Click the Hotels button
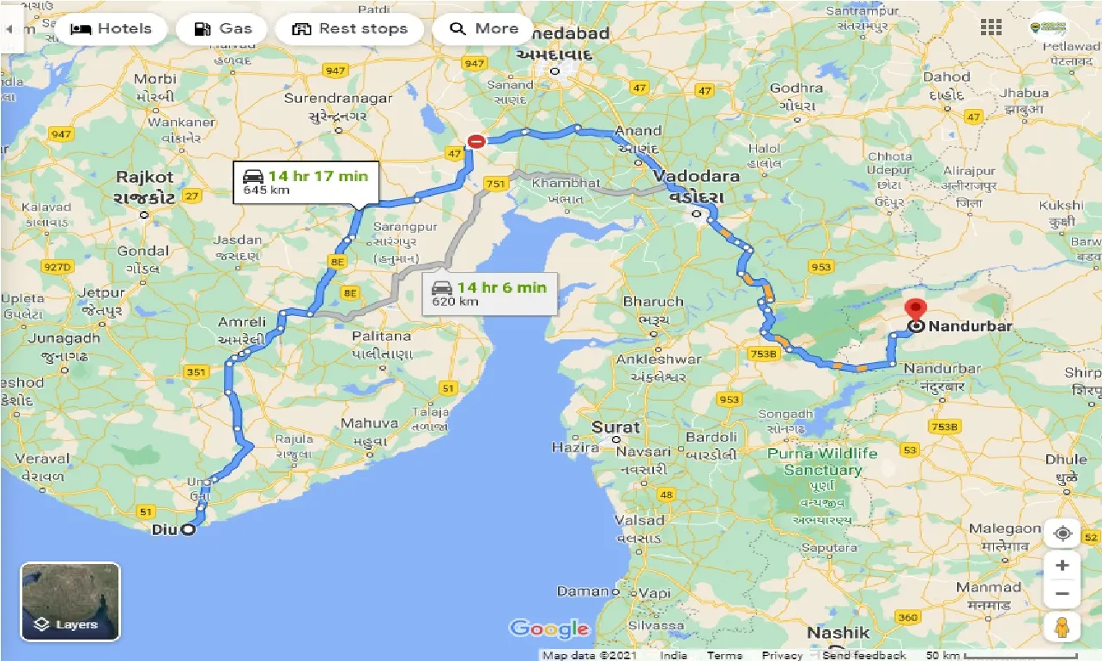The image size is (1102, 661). tap(110, 29)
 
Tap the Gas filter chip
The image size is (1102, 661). tap(222, 29)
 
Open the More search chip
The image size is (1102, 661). tap(484, 29)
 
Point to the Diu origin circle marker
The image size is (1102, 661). tap(187, 530)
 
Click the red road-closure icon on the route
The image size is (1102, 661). tap(475, 142)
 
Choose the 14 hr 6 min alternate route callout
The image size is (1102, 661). tap(491, 294)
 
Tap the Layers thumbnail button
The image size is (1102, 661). tap(70, 602)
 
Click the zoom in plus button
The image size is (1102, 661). tap(1063, 565)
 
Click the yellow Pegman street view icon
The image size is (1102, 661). tap(1063, 628)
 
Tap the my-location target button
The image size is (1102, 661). tap(1063, 533)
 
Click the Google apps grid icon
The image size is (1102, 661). tap(991, 27)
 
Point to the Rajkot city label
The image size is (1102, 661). tap(146, 178)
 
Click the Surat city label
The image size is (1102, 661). tap(615, 427)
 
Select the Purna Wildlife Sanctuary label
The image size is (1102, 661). tap(822, 462)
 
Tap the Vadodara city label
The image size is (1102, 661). tap(696, 176)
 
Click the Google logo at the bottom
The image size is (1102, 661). tap(549, 629)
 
